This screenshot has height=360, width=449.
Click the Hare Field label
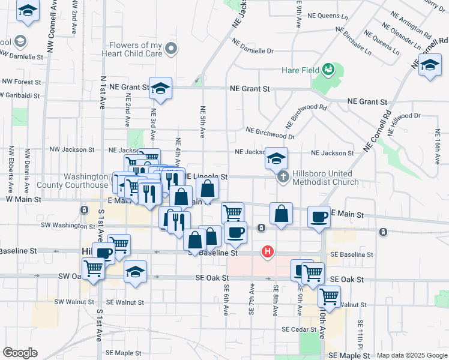pos(303,70)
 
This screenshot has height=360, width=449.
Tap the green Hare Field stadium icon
pos(328,70)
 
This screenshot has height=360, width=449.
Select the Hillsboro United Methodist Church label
pos(322,178)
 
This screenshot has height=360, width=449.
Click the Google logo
pos(20,353)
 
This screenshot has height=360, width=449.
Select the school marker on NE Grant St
pos(160,88)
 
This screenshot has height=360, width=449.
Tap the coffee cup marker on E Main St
pos(319,215)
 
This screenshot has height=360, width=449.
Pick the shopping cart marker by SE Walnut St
pos(329,296)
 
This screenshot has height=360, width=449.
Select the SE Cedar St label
pos(298,329)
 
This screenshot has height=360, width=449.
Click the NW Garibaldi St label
pos(20,95)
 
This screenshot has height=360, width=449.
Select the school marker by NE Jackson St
pos(276,158)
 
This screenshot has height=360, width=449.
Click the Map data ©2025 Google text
pos(411,355)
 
